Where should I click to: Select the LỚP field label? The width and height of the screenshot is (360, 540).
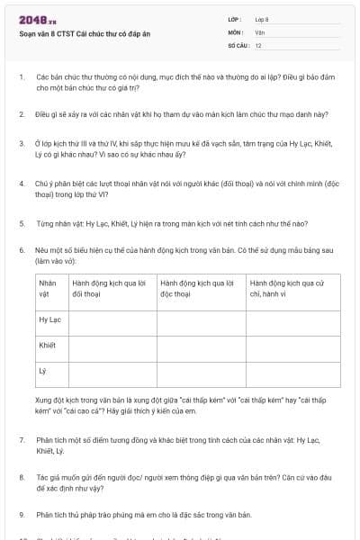point(235,19)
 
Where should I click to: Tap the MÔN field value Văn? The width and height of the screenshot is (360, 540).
point(260,31)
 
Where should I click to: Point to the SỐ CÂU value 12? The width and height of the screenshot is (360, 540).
point(258,44)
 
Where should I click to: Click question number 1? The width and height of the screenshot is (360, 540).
point(22,78)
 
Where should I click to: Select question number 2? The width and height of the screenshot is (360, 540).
point(22,114)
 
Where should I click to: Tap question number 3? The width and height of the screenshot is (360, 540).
point(22,143)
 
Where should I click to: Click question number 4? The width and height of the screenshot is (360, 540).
point(22,183)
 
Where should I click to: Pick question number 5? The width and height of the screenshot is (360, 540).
point(22,222)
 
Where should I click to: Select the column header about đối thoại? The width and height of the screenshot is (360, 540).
point(112,288)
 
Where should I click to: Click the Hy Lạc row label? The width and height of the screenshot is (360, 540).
point(49,319)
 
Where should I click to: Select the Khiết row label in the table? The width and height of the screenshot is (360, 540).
point(48,345)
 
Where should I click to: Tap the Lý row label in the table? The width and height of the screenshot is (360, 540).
point(42,370)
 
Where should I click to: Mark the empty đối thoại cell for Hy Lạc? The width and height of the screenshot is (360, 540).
point(112,319)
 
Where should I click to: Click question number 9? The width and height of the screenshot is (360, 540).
point(22,514)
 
